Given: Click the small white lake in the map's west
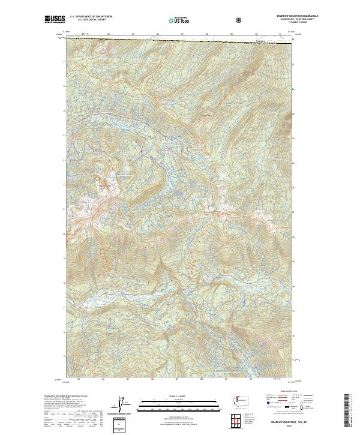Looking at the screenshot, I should point(112,176).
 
